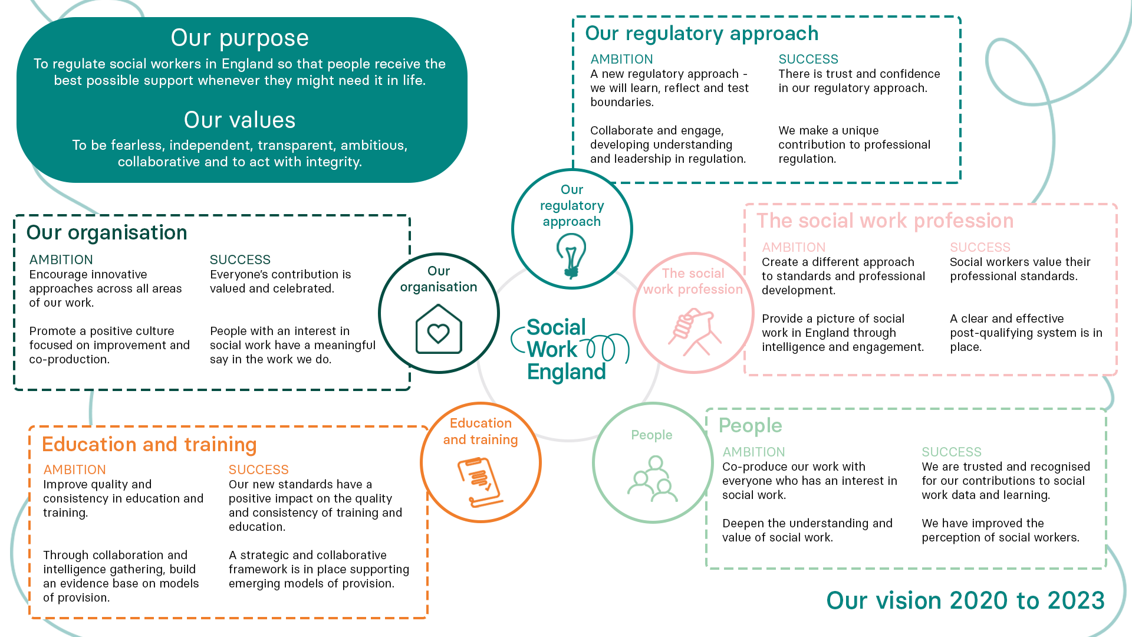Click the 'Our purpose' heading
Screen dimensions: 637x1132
click(239, 38)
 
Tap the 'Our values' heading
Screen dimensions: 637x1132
click(239, 120)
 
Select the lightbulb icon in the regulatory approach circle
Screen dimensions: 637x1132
click(571, 255)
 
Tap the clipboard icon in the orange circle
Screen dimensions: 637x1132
click(480, 482)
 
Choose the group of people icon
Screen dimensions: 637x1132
click(652, 478)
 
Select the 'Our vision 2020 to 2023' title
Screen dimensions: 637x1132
click(965, 600)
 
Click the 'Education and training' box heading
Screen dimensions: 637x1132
click(149, 445)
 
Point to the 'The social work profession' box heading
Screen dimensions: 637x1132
click(885, 221)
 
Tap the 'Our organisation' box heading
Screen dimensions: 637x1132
click(107, 233)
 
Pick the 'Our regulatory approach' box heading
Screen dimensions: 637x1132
click(702, 34)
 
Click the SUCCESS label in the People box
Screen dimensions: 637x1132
click(951, 452)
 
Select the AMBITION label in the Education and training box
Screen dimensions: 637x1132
click(74, 470)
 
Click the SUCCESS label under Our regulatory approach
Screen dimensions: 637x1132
click(808, 60)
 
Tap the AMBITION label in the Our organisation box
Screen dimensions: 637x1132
click(61, 260)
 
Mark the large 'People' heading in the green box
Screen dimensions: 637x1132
click(750, 426)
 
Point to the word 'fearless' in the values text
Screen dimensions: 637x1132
click(139, 146)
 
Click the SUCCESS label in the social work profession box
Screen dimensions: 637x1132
click(979, 248)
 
